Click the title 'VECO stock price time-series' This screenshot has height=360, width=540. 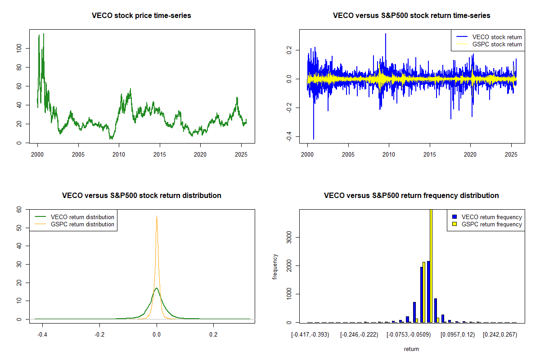point(141,16)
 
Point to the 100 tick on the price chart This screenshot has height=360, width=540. point(19,48)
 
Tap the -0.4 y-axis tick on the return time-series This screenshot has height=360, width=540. point(289,135)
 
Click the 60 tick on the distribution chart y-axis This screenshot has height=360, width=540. point(19,209)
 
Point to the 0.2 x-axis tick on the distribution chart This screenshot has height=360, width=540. point(213,335)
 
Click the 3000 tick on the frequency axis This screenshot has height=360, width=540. point(289,237)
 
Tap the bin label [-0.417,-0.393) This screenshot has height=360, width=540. point(310,335)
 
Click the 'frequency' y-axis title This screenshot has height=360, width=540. point(275,266)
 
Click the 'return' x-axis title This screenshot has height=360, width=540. point(411,349)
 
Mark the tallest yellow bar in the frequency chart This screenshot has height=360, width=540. point(431,265)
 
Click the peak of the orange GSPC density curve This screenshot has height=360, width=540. point(157,216)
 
